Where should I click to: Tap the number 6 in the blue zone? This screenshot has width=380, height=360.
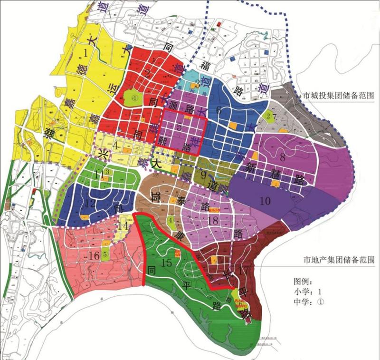click(219, 110)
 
